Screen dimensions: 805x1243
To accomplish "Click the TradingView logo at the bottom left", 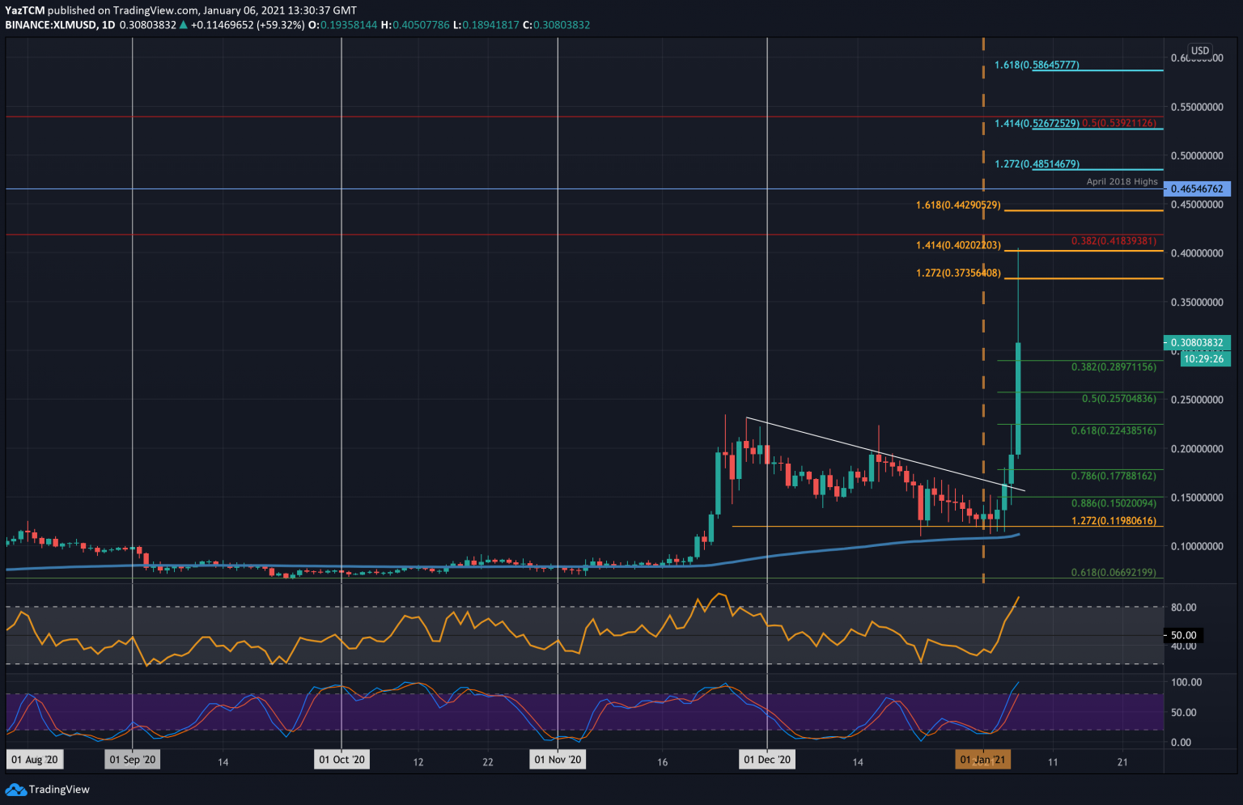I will (48, 790).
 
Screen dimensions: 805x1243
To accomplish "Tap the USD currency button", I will (1200, 50).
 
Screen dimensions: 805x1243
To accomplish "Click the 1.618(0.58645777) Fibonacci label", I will (1037, 65).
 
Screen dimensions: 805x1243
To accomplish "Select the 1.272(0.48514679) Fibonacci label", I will (1037, 164).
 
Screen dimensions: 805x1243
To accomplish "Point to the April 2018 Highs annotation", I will (1122, 181).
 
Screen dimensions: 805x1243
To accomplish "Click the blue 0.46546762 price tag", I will (1196, 189).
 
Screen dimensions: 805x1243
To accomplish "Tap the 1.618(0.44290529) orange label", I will (958, 205).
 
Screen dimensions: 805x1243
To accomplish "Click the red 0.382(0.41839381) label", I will (1114, 241).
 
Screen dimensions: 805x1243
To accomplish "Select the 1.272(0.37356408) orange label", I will (958, 273).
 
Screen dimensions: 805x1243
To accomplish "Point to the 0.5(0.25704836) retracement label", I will (1119, 399).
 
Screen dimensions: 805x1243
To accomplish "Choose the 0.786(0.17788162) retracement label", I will (1114, 476).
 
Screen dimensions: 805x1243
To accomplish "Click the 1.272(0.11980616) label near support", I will (1114, 521).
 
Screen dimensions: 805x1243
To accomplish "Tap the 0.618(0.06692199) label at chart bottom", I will (1114, 573).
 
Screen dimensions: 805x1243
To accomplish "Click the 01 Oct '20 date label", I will (342, 760).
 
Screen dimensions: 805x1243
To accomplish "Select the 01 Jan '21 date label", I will (982, 760).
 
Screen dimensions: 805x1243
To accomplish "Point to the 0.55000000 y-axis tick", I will (1197, 107).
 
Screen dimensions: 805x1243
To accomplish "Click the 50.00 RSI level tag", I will (1183, 635).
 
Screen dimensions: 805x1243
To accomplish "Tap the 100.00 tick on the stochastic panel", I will (1186, 682).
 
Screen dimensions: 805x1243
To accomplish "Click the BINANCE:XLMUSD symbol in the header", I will (49, 25).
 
